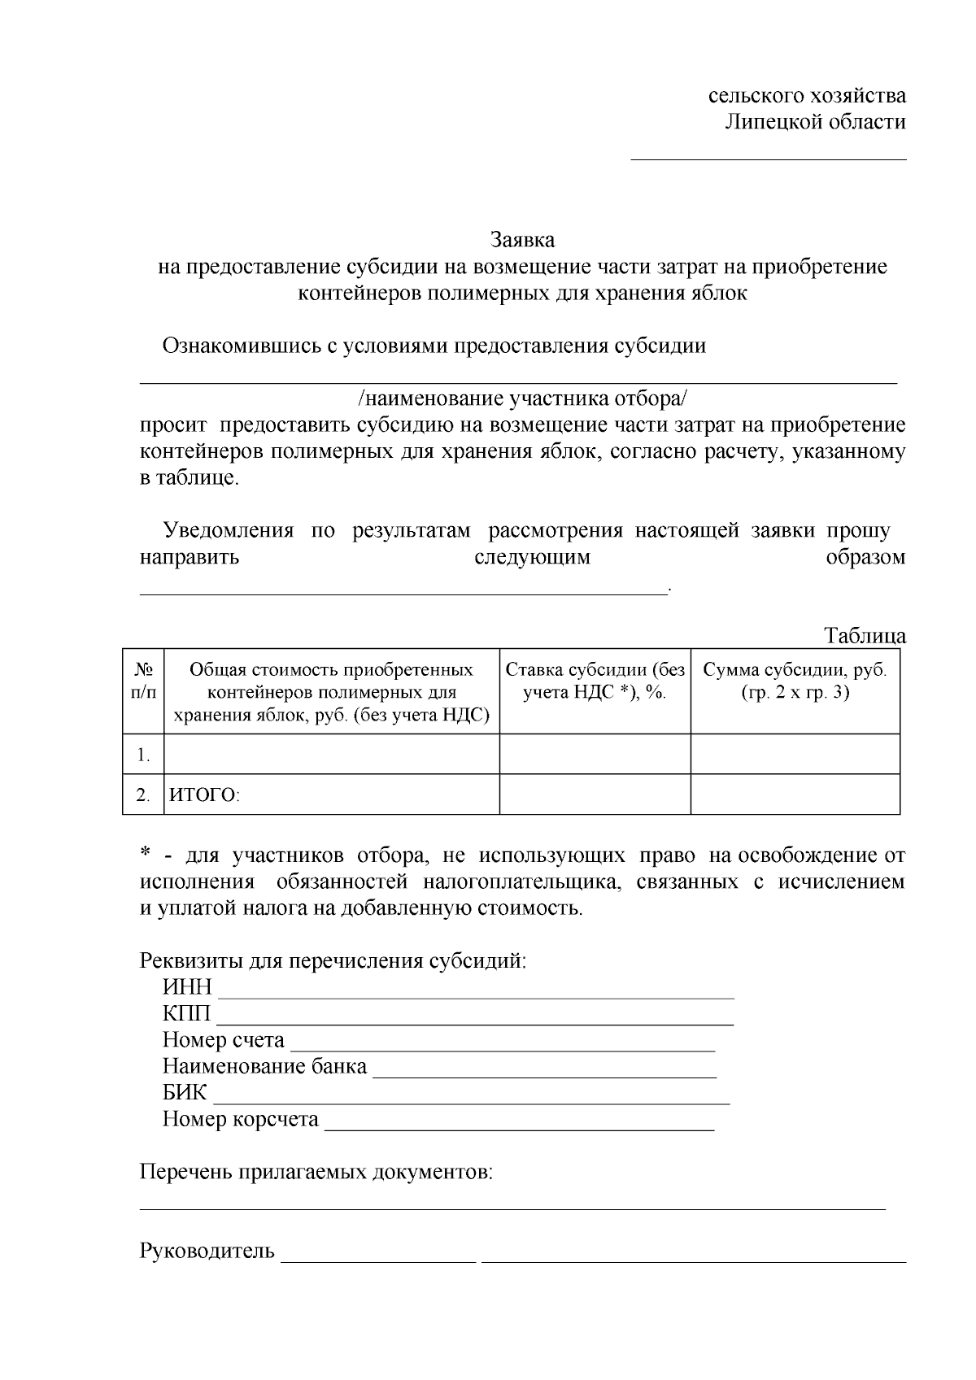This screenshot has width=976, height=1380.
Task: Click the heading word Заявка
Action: point(522,240)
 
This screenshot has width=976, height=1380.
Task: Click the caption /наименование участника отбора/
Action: point(522,398)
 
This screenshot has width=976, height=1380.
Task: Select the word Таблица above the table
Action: point(865,635)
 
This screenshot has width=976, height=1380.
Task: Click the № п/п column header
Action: point(143,681)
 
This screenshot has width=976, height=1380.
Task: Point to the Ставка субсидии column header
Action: point(595,681)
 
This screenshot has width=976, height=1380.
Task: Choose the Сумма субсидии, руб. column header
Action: point(795,681)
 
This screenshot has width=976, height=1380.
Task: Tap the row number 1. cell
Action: point(143,755)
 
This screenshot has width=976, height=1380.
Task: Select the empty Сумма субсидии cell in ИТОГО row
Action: point(795,794)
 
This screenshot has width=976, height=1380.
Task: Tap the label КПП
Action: point(186,1013)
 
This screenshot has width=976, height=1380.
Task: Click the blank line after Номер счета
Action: point(502,1044)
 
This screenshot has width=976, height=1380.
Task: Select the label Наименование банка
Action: point(264,1066)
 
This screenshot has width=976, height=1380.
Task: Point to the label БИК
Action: point(185,1092)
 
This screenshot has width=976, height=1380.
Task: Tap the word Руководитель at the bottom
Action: point(207,1251)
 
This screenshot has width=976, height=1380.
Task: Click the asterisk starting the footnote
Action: point(146,854)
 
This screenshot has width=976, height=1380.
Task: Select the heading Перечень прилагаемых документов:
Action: point(316,1172)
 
